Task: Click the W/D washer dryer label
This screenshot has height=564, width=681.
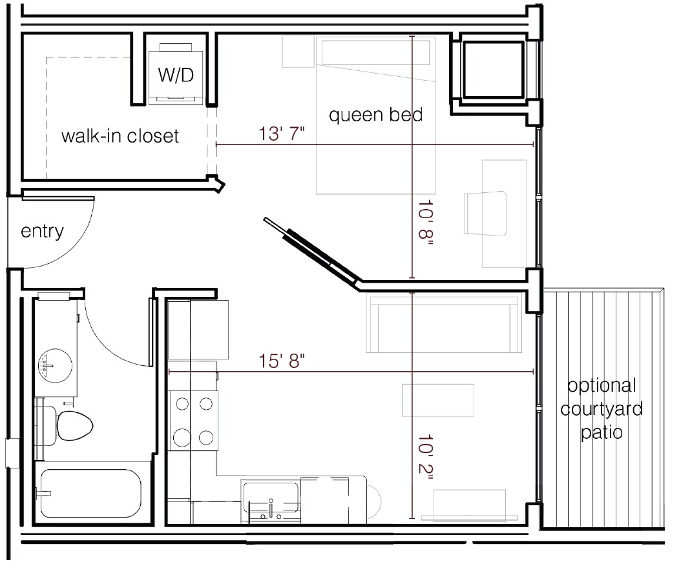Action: click(x=176, y=76)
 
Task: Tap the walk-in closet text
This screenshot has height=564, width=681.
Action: click(x=120, y=137)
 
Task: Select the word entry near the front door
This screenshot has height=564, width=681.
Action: click(x=42, y=232)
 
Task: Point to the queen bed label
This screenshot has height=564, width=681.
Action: click(x=375, y=116)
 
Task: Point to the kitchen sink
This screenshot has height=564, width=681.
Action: click(x=270, y=498)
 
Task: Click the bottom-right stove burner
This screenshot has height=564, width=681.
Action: click(x=206, y=438)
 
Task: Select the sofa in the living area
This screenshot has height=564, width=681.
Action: click(x=443, y=323)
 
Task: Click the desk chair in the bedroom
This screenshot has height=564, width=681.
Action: click(x=485, y=214)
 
